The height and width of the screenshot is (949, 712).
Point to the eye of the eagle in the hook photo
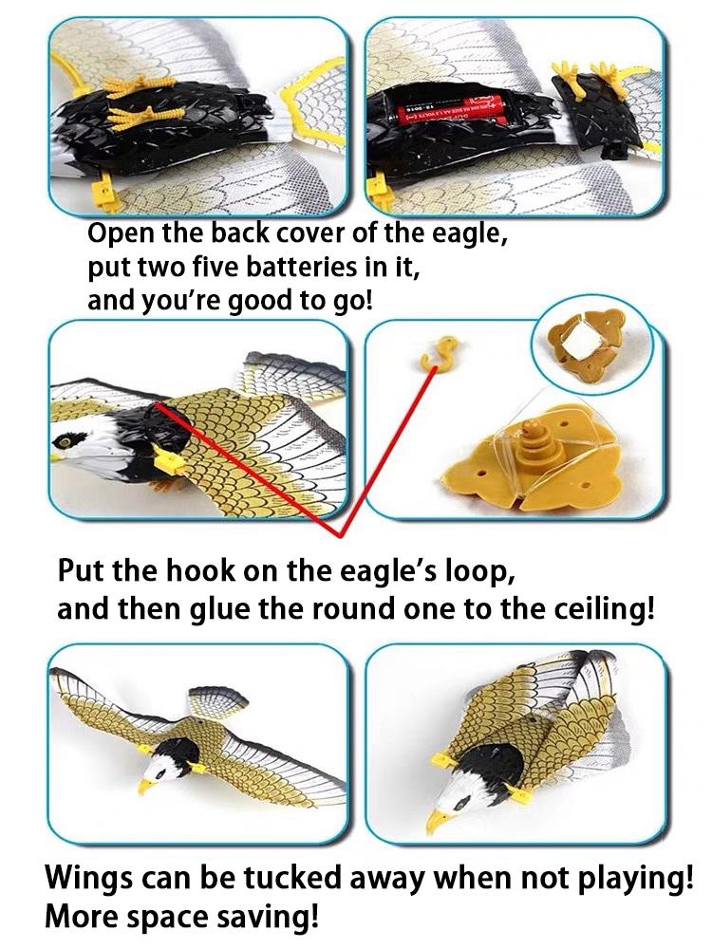(x=68, y=441)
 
